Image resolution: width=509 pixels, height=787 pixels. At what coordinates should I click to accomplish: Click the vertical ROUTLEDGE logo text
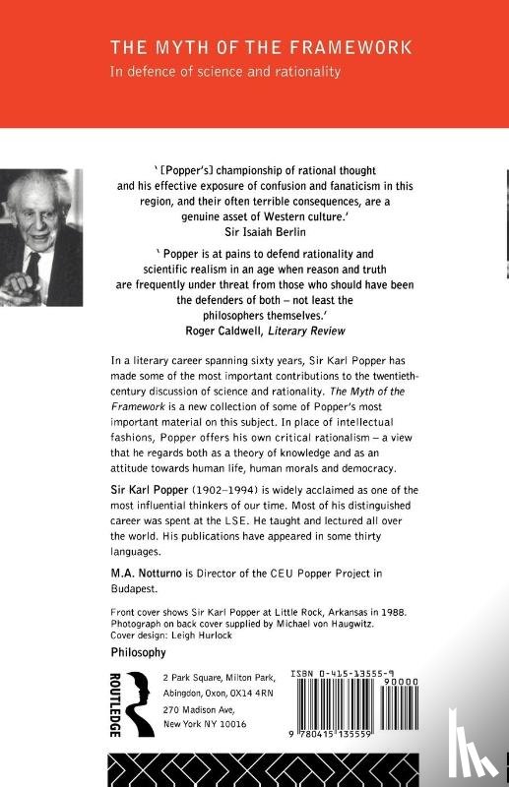point(114,706)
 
